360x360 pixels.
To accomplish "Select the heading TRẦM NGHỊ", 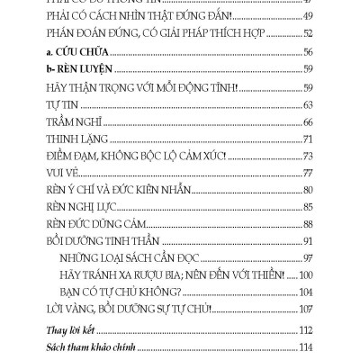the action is pyautogui.click(x=70, y=121).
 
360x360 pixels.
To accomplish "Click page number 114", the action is pyautogui.click(x=305, y=347).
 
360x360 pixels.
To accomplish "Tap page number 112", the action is pyautogui.click(x=305, y=330).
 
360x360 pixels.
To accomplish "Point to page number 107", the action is pyautogui.click(x=305, y=309).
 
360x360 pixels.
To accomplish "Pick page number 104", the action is pyautogui.click(x=305, y=292).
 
